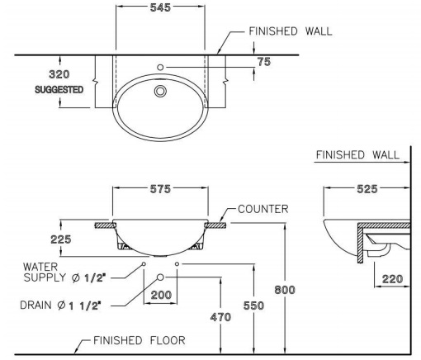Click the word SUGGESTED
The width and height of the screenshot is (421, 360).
pos(59,89)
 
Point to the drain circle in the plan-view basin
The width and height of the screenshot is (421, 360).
pos(160,91)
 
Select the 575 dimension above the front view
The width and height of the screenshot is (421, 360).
pos(160,189)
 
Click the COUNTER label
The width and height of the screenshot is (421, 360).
pos(263,209)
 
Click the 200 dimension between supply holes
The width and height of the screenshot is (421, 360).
pos(161,295)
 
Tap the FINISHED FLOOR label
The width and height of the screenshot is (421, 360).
pos(139,339)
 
